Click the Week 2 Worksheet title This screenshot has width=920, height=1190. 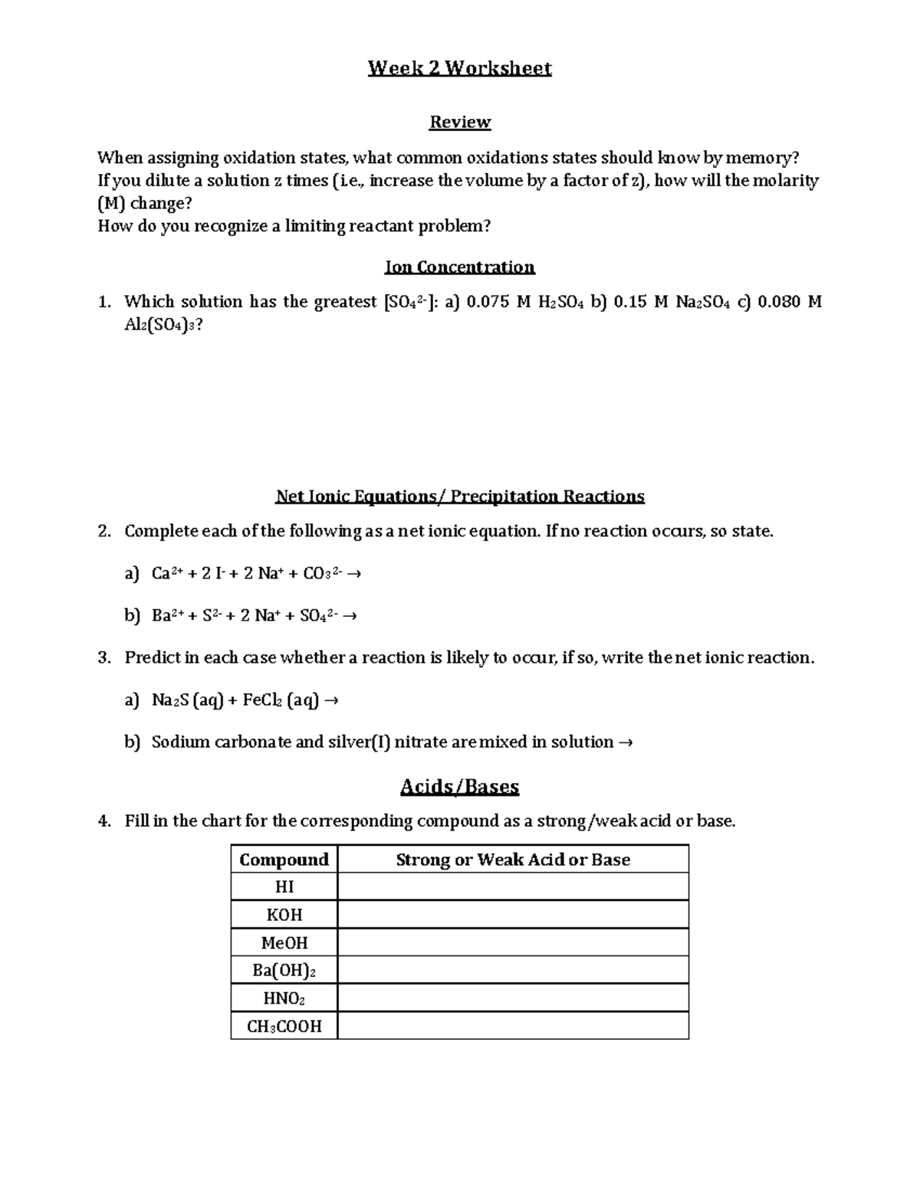coord(459,68)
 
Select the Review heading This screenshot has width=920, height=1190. coord(459,122)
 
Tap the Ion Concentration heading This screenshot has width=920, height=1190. coord(459,267)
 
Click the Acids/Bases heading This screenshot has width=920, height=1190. coord(459,786)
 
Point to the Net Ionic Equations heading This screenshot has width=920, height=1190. coord(459,497)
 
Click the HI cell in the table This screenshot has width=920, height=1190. coord(284,887)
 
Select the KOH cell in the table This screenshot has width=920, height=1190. coord(284,914)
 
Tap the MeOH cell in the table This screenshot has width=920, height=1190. coord(284,942)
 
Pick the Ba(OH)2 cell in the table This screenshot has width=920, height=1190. coord(284,971)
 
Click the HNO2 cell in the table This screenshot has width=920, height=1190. coord(284,998)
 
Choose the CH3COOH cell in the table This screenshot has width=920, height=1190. coord(284,1026)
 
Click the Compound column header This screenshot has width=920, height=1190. coord(284,859)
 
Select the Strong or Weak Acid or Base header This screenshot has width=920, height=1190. coord(513,859)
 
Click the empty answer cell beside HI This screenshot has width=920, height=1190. coord(513,887)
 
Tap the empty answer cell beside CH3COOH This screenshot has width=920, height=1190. coord(513,1026)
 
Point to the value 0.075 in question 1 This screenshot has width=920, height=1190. coord(488,302)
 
